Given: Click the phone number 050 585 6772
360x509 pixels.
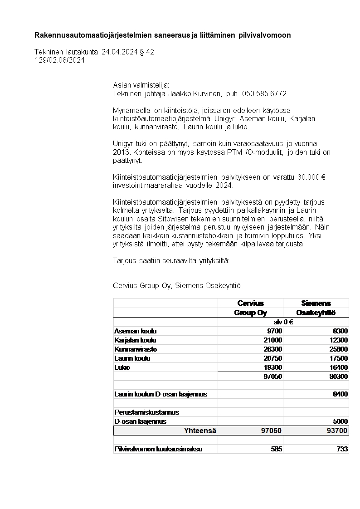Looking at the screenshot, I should point(264,93).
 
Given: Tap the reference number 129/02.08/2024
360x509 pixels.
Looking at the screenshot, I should point(59,60).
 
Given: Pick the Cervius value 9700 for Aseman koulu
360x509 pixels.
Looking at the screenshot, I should point(274,331).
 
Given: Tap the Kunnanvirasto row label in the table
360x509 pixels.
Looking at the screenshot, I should point(136,349).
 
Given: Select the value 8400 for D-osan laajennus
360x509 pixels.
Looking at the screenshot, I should point(341,394).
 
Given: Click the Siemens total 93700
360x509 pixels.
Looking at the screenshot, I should point(337,431).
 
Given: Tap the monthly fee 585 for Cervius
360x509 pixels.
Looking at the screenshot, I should point(276,449).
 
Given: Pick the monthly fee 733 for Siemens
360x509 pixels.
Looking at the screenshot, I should point(342,449).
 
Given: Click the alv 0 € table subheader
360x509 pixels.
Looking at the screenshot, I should point(283,322).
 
